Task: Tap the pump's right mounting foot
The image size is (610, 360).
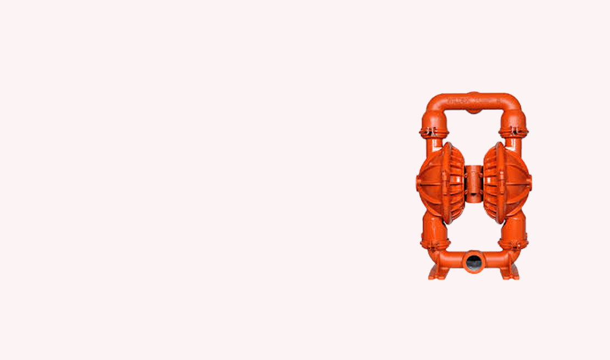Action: point(511,272)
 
